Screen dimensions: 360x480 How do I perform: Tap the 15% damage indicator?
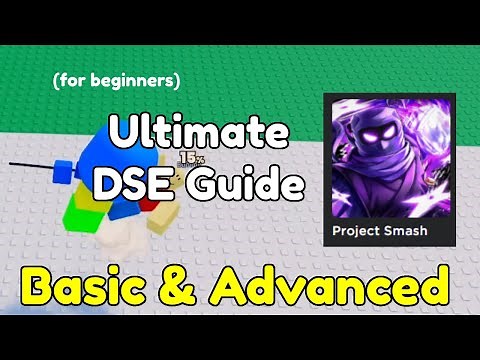[191, 158]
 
